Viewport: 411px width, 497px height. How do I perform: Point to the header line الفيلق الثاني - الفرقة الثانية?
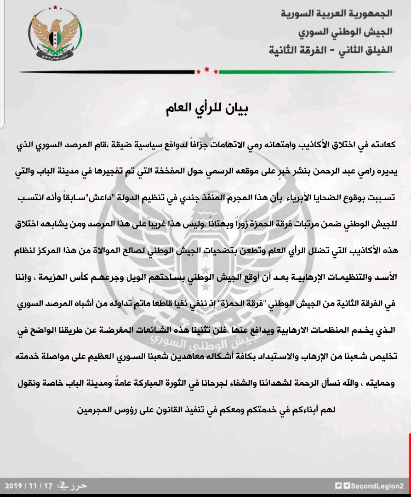click(331, 50)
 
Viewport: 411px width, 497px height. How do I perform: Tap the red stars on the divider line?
click(206, 71)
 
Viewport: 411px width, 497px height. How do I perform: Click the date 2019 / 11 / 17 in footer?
click(29, 486)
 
